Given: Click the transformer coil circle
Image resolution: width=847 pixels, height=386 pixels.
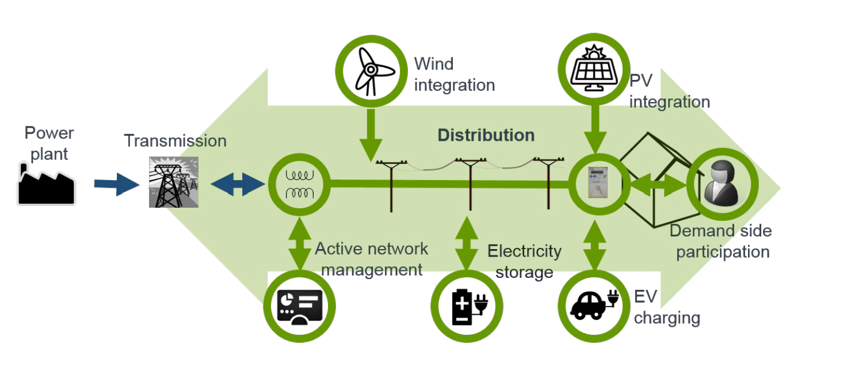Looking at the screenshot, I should pyautogui.click(x=299, y=184).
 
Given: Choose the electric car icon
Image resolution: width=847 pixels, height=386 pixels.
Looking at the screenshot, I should pyautogui.click(x=593, y=303).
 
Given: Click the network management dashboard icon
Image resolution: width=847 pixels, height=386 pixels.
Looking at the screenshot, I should pyautogui.click(x=299, y=305).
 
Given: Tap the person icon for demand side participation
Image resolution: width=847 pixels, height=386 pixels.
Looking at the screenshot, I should pyautogui.click(x=722, y=184).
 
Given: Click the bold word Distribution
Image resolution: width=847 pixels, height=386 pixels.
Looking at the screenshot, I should pyautogui.click(x=486, y=135).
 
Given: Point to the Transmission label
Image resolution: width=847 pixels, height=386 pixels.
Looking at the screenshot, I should pyautogui.click(x=175, y=140).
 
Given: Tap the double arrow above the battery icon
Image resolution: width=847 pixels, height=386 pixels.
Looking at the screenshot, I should pyautogui.click(x=467, y=242).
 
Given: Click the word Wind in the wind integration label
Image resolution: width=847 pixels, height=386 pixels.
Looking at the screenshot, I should pyautogui.click(x=434, y=64).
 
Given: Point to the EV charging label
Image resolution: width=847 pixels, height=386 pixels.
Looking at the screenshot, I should pyautogui.click(x=666, y=307).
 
